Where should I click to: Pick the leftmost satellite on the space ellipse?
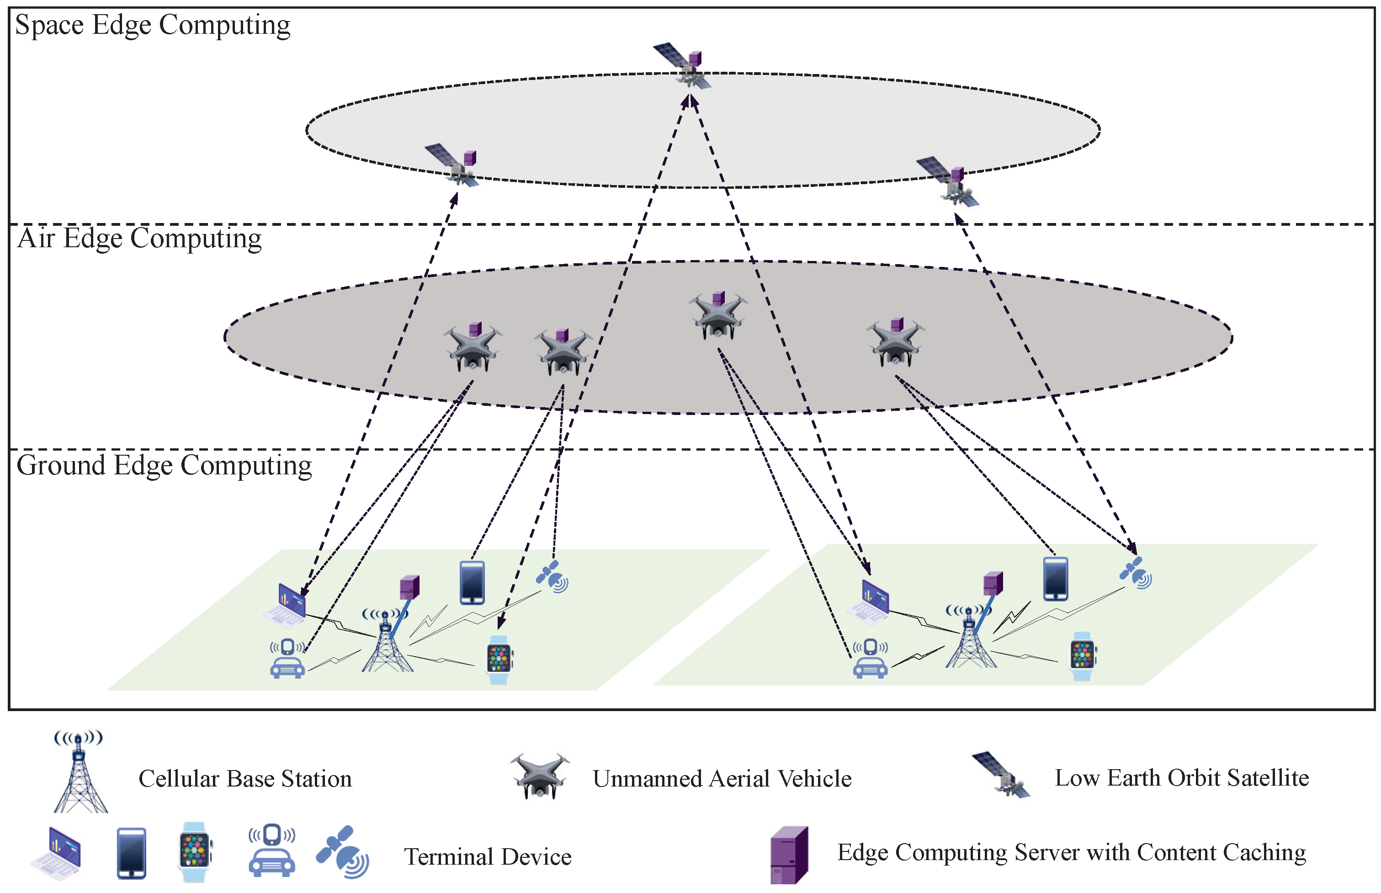click(x=454, y=166)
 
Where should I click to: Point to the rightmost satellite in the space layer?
click(x=949, y=181)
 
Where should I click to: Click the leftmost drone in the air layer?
click(x=472, y=348)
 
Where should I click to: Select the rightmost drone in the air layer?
click(x=895, y=343)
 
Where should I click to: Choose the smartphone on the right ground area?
click(x=1055, y=579)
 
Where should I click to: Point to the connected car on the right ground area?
click(x=870, y=659)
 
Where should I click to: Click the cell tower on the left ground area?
click(x=387, y=643)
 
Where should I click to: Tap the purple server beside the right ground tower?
click(x=993, y=583)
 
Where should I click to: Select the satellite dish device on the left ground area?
click(x=552, y=577)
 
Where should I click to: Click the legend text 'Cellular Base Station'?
click(x=244, y=779)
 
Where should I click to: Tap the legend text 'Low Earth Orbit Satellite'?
click(x=1181, y=778)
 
